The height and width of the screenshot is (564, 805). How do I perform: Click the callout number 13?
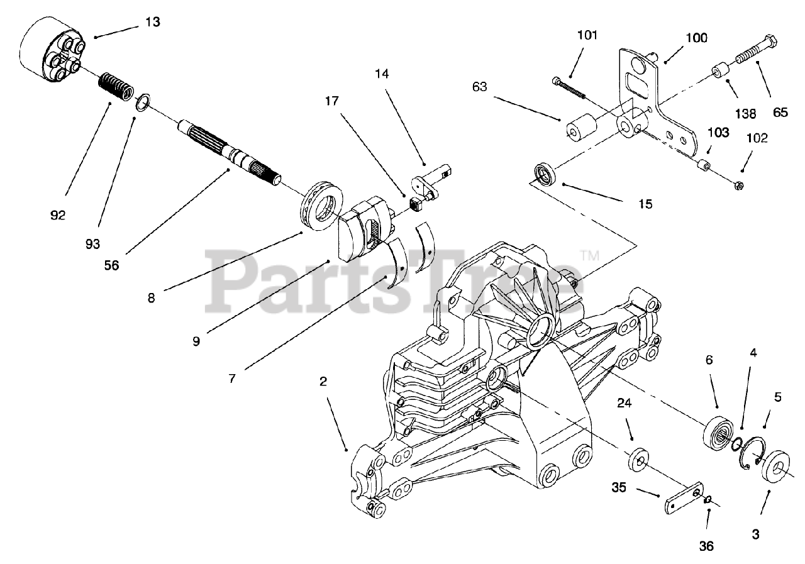click(x=152, y=22)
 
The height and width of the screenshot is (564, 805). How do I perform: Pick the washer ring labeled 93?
click(x=143, y=101)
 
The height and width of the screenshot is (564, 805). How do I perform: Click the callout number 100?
click(x=696, y=38)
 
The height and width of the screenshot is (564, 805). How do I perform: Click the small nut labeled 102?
click(x=740, y=185)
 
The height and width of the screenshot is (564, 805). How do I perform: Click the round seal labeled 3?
click(x=773, y=465)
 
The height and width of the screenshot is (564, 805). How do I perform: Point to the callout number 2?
click(x=323, y=381)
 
